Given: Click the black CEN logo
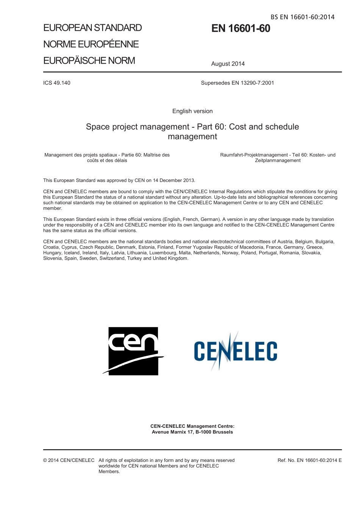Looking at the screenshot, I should (x=133, y=351).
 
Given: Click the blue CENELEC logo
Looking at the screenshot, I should (x=235, y=351).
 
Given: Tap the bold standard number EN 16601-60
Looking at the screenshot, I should (x=241, y=28).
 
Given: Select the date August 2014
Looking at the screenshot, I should (x=228, y=64).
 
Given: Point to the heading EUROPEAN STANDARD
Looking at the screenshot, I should (x=92, y=28).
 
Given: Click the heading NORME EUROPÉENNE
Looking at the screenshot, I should (x=91, y=44).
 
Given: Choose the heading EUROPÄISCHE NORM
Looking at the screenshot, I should (x=89, y=61).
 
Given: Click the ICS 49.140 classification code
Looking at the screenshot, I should (x=57, y=83).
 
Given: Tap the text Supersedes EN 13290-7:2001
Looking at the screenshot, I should (x=237, y=83).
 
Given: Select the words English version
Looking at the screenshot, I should (x=193, y=111).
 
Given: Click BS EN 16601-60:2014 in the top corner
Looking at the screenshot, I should (x=302, y=17).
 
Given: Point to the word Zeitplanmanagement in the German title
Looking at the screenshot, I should (x=278, y=160).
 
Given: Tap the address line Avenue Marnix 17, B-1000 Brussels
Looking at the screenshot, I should (x=193, y=432).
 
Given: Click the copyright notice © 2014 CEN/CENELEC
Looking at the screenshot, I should (x=69, y=460).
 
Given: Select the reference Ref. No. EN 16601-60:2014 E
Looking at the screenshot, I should (x=310, y=460).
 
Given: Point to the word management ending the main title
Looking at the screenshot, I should (x=193, y=137).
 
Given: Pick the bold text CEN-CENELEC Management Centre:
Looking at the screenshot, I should (x=193, y=426).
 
